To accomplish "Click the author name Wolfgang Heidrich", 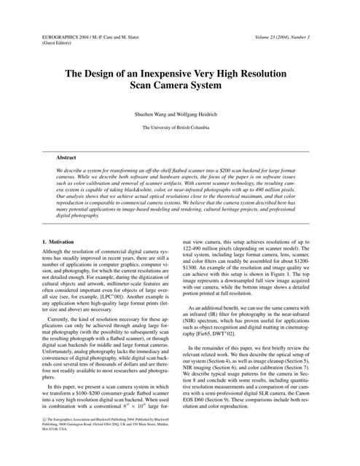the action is (196, 115).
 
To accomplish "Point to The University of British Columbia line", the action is (179, 127).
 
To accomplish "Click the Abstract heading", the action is (67, 157).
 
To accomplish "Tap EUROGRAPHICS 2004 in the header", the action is (60, 36).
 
